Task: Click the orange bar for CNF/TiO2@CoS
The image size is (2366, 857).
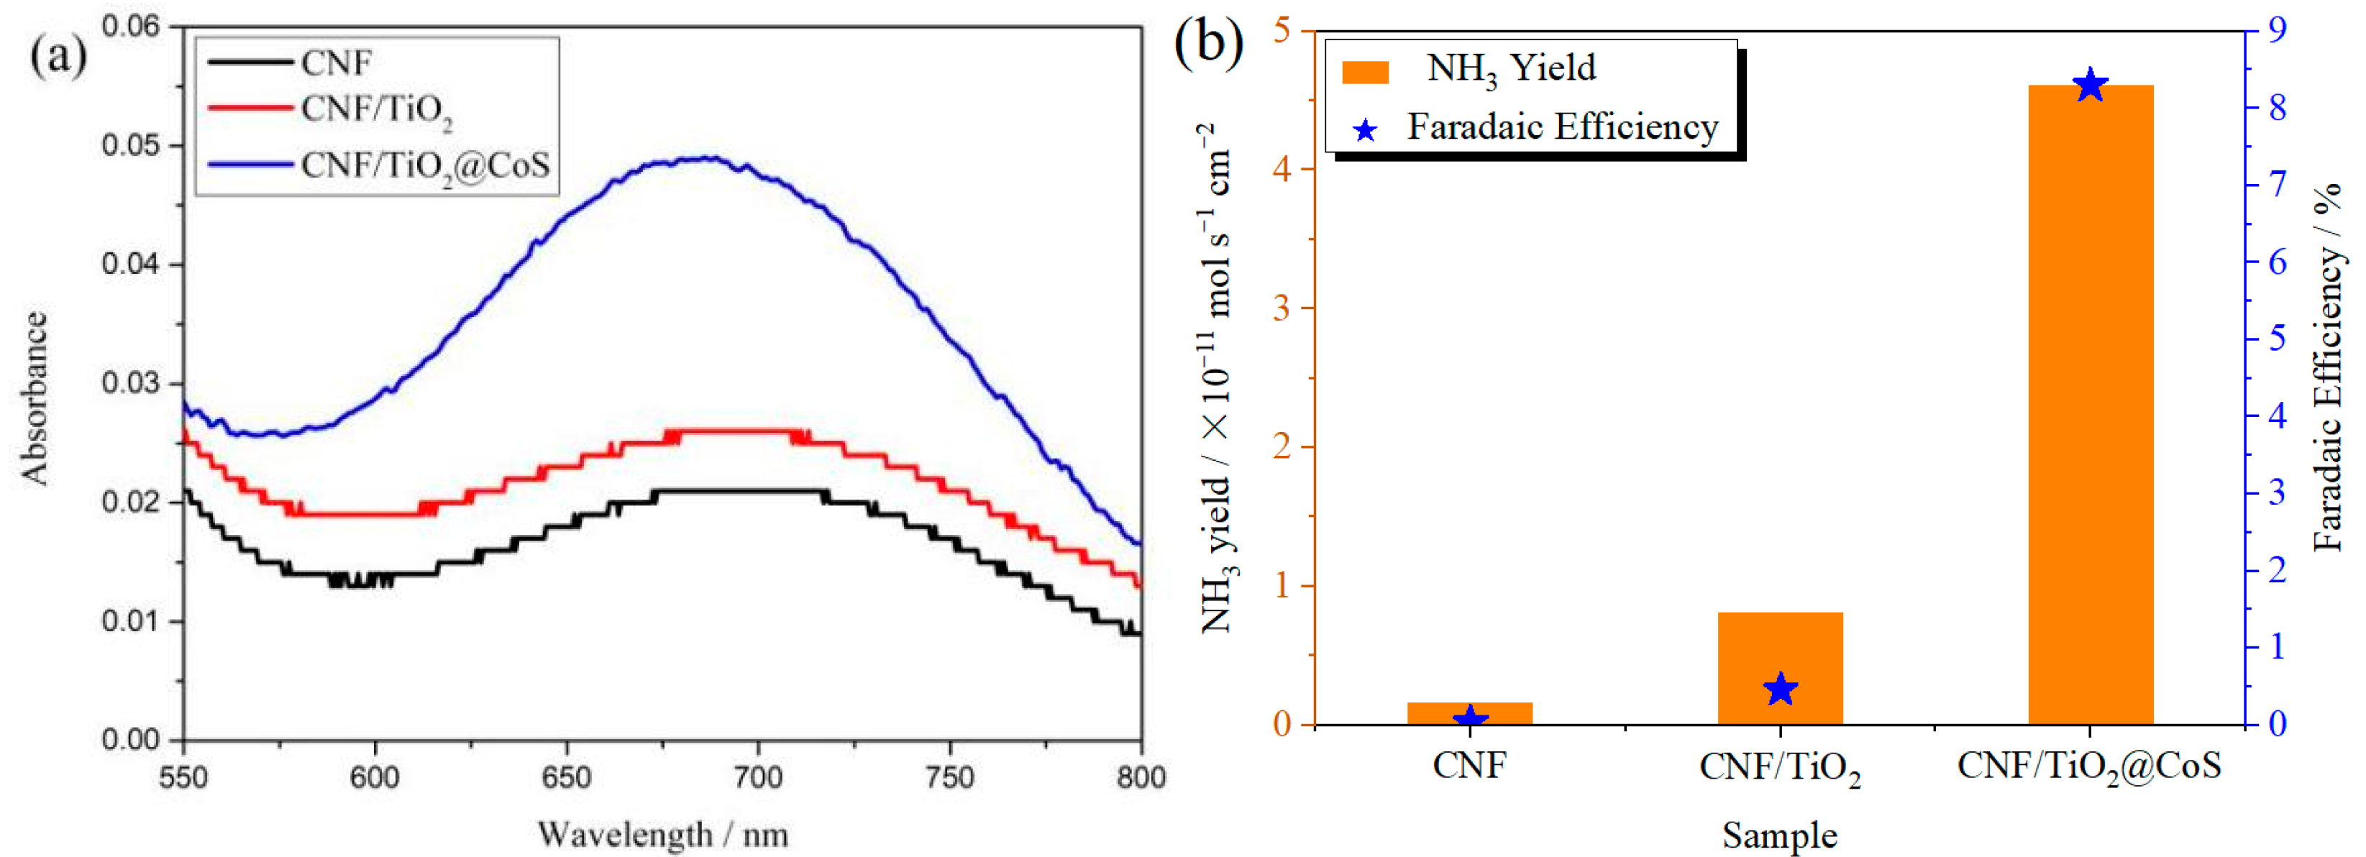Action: pos(2090,404)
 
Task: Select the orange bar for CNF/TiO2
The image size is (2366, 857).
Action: pos(1779,669)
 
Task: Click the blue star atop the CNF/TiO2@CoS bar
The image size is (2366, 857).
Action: pos(2091,86)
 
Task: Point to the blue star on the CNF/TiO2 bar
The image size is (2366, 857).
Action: pos(1780,689)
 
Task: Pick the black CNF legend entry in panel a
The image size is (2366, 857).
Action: pos(289,63)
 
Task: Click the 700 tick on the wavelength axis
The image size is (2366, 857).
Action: pos(758,778)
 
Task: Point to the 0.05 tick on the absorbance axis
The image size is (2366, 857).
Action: pos(129,146)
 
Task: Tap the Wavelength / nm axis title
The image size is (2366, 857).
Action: pos(662,834)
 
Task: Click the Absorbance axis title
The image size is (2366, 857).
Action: pos(35,398)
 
